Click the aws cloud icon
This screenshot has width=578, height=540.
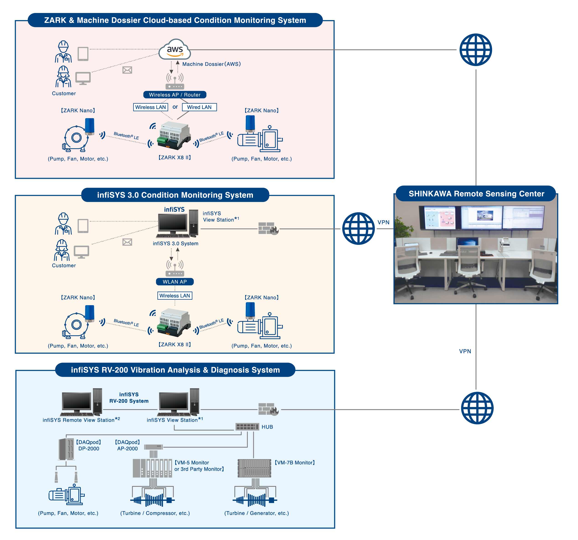pyautogui.click(x=175, y=50)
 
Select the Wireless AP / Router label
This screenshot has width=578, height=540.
pyautogui.click(x=175, y=95)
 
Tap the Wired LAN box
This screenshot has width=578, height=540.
pyautogui.click(x=199, y=107)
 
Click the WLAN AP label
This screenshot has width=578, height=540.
pyautogui.click(x=175, y=282)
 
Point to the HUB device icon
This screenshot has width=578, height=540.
pyautogui.click(x=247, y=427)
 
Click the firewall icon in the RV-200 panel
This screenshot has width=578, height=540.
pyautogui.click(x=268, y=409)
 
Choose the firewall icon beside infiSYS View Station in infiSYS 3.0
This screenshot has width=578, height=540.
pyautogui.click(x=268, y=228)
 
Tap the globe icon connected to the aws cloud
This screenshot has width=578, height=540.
pyautogui.click(x=476, y=50)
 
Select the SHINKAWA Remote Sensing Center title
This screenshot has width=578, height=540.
pyautogui.click(x=476, y=194)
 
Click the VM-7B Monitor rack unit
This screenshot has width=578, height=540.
pyautogui.click(x=254, y=468)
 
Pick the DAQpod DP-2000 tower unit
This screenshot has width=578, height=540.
pyautogui.click(x=66, y=449)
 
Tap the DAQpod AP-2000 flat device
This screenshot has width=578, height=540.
pyautogui.click(x=154, y=447)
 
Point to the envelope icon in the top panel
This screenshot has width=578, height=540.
pyautogui.click(x=127, y=70)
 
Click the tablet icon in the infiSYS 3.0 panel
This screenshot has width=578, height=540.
pyautogui.click(x=83, y=226)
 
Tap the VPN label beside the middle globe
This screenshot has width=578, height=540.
pyautogui.click(x=383, y=222)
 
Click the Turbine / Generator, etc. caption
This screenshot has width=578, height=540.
pyautogui.click(x=257, y=513)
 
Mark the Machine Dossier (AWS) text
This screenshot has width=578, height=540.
pyautogui.click(x=211, y=64)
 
